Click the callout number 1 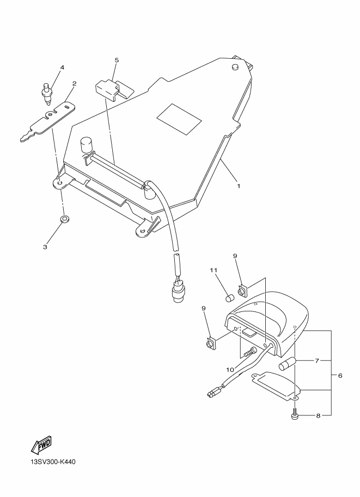[x=239, y=186]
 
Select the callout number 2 [x=75, y=84]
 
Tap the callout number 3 [x=45, y=247]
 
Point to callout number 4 [x=62, y=68]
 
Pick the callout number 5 [x=117, y=60]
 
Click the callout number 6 [x=340, y=376]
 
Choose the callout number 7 [x=316, y=361]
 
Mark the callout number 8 [x=318, y=416]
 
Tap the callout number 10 [x=230, y=370]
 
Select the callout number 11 [x=213, y=270]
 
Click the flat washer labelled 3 [x=65, y=218]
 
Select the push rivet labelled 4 [x=47, y=94]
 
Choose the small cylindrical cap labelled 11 [x=229, y=298]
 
